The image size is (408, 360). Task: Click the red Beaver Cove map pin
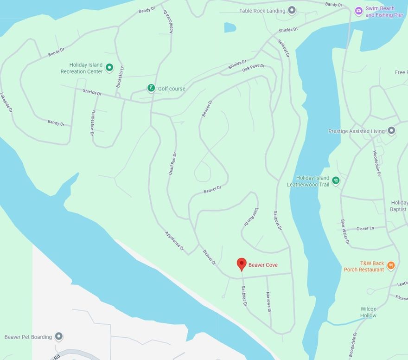pyautogui.click(x=241, y=264)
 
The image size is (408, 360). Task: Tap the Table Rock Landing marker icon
pyautogui.click(x=292, y=10)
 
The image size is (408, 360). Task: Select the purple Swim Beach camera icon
pyautogui.click(x=358, y=11)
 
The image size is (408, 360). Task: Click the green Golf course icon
pyautogui.click(x=151, y=88)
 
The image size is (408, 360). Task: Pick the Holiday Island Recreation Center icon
pyautogui.click(x=109, y=68)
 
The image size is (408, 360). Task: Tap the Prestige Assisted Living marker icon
pyautogui.click(x=392, y=131)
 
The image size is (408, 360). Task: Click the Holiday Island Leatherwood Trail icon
pyautogui.click(x=336, y=180)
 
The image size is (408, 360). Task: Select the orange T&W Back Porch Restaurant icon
pyautogui.click(x=391, y=265)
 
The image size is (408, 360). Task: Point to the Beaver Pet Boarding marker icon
pyautogui.click(x=58, y=336)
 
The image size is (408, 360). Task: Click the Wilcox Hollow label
pyautogui.click(x=369, y=312)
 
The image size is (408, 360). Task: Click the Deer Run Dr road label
pyautogui.click(x=250, y=216)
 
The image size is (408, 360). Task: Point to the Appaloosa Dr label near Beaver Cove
pyautogui.click(x=174, y=242)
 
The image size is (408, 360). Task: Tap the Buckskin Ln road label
pyautogui.click(x=120, y=77)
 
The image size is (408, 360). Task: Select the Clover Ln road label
pyautogui.click(x=365, y=229)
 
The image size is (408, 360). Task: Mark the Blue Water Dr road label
pyautogui.click(x=344, y=232)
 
